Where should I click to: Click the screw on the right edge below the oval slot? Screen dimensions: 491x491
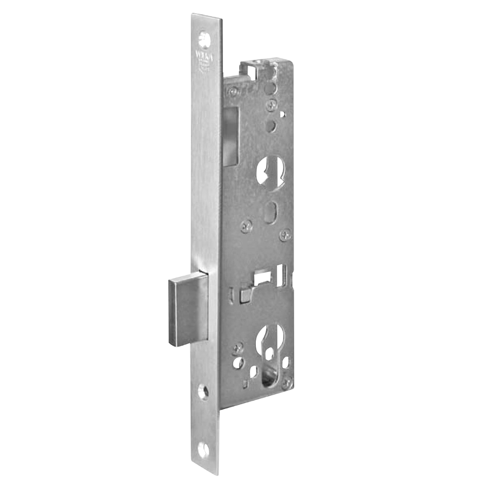click(285, 236)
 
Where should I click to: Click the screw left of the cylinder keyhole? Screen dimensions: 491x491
click(238, 348)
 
